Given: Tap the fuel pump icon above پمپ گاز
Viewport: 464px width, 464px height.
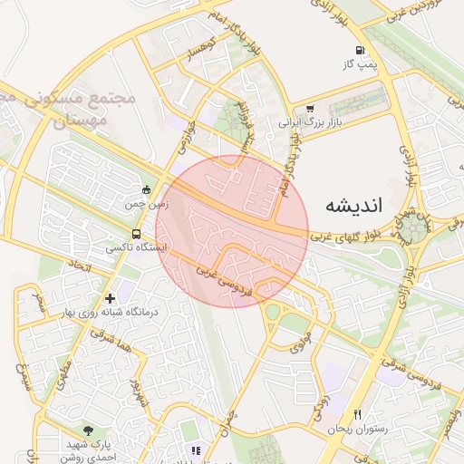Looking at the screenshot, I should click(361, 50).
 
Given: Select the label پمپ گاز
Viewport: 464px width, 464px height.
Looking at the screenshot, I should click(360, 64).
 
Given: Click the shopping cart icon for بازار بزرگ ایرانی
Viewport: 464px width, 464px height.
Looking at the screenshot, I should click(311, 107).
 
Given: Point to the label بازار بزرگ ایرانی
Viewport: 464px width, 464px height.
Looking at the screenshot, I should click(312, 121).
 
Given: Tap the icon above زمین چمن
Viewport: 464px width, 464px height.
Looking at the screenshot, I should click(147, 190).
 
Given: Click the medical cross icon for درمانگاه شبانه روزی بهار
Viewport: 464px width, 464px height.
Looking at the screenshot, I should click(111, 297).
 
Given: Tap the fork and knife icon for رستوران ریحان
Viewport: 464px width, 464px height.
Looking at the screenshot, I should click(357, 414).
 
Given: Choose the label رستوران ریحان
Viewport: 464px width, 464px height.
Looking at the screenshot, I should click(357, 429).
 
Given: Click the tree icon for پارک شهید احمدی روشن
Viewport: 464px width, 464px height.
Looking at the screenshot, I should click(87, 430).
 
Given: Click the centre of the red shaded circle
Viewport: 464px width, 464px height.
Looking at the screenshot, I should click(232, 232).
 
